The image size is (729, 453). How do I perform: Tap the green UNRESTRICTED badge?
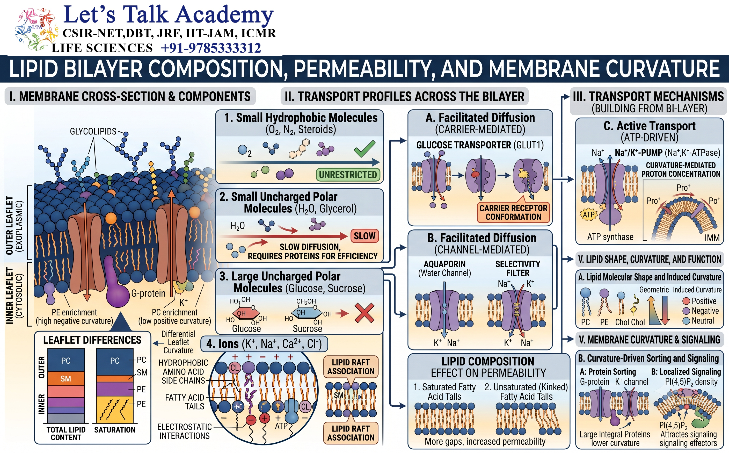click(x=348, y=175)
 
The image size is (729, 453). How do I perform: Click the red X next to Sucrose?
click(x=364, y=313)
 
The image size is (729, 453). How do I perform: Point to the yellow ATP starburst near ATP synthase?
click(x=589, y=214)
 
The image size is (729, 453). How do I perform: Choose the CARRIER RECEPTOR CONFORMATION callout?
click(x=513, y=212)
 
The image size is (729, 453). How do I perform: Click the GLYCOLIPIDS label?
click(x=93, y=132)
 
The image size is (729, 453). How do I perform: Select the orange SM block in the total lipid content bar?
click(x=66, y=378)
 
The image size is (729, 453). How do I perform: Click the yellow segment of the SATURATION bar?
click(x=115, y=409)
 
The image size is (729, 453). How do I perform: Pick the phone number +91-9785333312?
click(x=211, y=48)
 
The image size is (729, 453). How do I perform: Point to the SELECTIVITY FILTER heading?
click(x=518, y=268)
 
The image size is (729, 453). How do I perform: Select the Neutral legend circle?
click(x=687, y=321)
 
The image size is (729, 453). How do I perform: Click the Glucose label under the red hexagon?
click(x=246, y=329)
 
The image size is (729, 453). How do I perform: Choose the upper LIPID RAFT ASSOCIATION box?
click(x=351, y=367)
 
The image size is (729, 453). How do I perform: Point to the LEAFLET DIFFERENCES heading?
click(x=92, y=340)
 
